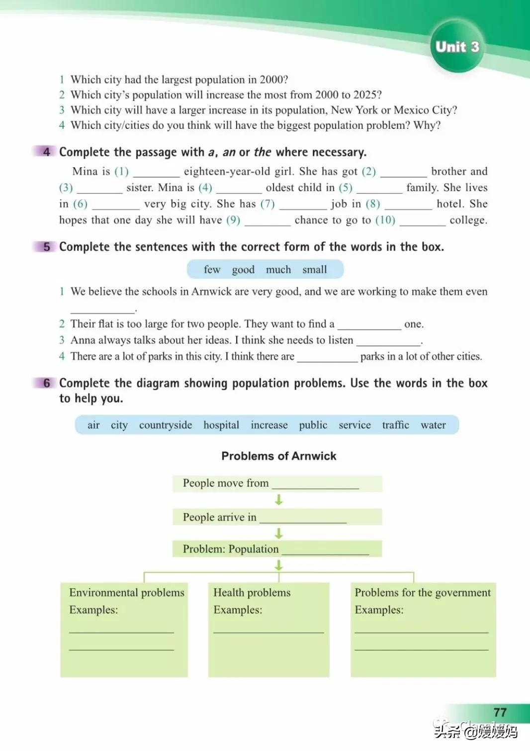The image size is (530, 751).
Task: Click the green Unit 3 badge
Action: (457, 47)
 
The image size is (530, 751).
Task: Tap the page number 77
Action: (500, 712)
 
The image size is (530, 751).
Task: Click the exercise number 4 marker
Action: (46, 152)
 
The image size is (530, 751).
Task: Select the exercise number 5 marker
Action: (46, 247)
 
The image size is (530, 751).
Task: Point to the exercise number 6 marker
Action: (46, 383)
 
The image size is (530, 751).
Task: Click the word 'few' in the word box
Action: (212, 270)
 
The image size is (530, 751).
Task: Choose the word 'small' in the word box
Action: (314, 270)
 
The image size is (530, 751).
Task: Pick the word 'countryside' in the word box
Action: (165, 425)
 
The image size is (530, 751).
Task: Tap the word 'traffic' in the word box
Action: (395, 425)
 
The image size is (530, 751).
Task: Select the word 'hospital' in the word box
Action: (221, 425)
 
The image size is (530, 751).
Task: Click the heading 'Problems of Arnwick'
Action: (278, 456)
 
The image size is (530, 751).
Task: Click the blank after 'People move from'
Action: (315, 485)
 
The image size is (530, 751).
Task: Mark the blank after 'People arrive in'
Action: (303, 519)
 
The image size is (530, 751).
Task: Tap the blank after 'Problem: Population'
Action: (325, 550)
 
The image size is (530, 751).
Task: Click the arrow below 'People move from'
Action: (279, 500)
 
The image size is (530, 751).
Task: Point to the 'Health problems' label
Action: (252, 593)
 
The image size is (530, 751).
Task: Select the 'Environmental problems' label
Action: (126, 593)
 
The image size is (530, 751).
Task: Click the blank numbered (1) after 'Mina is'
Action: (156, 173)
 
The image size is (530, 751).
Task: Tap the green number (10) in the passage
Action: (385, 220)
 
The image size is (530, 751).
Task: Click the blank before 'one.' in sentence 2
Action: (369, 326)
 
